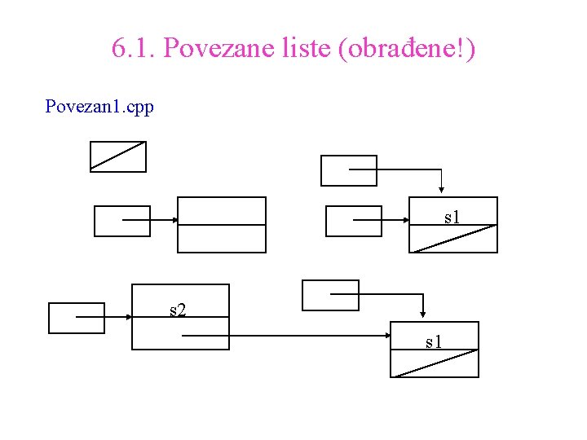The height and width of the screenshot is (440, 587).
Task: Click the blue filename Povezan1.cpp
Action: point(99,107)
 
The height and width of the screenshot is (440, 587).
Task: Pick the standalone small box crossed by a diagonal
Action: point(117,156)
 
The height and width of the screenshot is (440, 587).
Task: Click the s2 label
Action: point(177,310)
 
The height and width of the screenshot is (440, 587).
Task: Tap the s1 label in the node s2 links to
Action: point(434,341)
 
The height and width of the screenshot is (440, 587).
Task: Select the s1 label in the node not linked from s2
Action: point(452,217)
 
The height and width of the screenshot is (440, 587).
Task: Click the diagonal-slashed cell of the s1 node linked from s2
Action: point(435,363)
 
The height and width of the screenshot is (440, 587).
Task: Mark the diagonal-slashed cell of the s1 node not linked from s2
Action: point(452,239)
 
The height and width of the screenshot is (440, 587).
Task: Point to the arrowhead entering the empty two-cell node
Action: point(174,220)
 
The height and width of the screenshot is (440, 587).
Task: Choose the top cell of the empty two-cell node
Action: point(222,210)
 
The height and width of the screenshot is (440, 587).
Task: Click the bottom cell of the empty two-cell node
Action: point(222,239)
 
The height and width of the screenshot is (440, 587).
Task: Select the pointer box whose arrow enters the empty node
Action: point(122,221)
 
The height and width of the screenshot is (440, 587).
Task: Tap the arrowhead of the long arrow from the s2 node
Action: point(389,335)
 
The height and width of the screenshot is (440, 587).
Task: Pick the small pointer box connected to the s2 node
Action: point(77,318)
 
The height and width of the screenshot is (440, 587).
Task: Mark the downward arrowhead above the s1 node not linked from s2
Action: point(440,191)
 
